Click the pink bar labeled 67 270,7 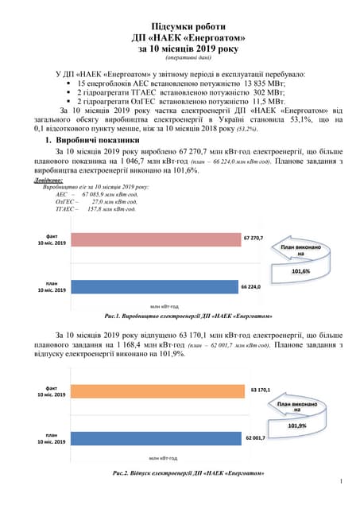(155, 239)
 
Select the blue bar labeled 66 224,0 (154, 285)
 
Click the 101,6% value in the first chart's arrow (300, 271)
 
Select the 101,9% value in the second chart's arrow (297, 425)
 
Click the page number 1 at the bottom (340, 481)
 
